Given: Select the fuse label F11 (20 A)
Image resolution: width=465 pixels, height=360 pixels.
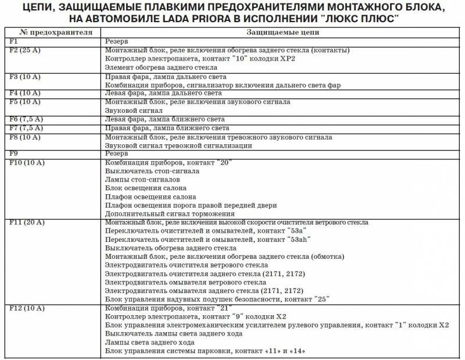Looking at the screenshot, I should [27, 223].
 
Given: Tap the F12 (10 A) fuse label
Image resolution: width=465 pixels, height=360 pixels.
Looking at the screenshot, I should [27, 308].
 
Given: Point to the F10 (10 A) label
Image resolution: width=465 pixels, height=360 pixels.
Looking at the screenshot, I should [27, 163].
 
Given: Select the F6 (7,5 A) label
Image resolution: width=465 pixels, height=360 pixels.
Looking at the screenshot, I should [27, 119].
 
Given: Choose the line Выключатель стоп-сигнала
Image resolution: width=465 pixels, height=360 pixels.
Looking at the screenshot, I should [152, 172].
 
